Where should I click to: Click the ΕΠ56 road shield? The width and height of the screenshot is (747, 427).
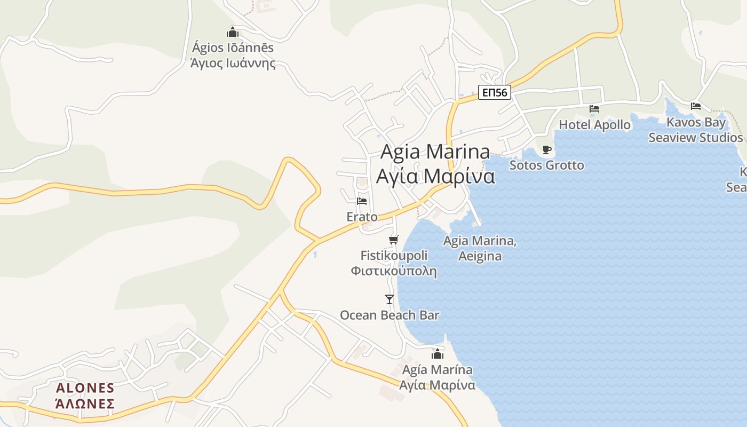click(x=494, y=93)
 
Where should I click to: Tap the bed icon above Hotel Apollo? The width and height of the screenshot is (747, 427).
click(x=594, y=109)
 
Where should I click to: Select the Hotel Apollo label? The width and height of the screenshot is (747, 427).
click(x=594, y=125)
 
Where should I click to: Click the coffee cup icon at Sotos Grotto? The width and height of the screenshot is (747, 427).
click(x=546, y=149)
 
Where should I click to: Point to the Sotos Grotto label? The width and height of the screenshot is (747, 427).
click(x=546, y=165)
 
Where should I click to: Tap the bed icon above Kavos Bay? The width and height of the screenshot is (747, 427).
click(x=695, y=106)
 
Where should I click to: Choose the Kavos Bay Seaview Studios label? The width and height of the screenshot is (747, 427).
click(x=696, y=130)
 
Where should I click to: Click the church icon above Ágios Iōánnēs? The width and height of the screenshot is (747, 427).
click(x=233, y=32)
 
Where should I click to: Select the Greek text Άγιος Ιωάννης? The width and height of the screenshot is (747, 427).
click(x=233, y=63)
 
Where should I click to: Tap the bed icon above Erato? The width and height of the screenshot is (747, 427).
click(x=362, y=201)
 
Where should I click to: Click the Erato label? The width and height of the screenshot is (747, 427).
click(x=362, y=217)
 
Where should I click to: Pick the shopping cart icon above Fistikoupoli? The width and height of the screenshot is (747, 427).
click(x=393, y=240)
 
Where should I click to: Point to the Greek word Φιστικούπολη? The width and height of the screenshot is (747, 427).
click(x=394, y=271)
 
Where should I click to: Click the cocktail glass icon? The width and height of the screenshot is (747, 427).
click(x=390, y=299)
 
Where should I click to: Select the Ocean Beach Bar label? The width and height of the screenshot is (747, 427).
click(x=390, y=315)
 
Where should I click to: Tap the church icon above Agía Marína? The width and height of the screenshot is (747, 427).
click(x=438, y=354)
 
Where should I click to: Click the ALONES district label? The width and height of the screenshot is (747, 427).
click(x=85, y=388)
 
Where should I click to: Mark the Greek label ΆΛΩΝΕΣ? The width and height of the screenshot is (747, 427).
click(x=85, y=403)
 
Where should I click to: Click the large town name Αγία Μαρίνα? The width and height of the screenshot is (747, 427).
click(x=435, y=176)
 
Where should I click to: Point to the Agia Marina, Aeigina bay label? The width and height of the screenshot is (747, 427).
click(x=480, y=248)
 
